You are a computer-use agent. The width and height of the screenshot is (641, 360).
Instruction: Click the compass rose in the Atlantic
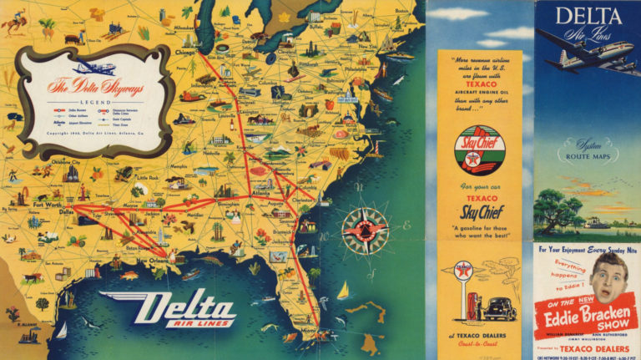(365, 226)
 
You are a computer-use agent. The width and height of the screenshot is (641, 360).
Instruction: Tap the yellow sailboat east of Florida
(343, 290)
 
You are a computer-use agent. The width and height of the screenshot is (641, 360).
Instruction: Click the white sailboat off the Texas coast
(61, 330)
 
